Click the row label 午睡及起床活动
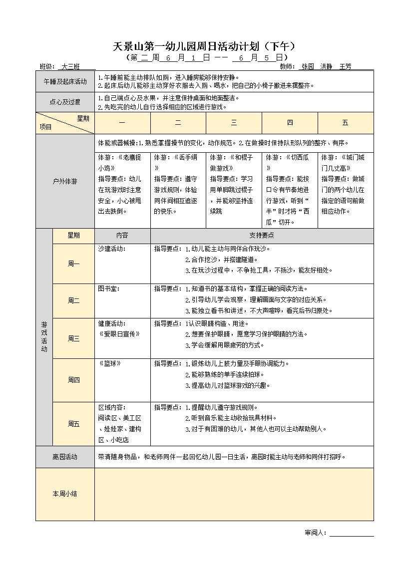click(x=65, y=81)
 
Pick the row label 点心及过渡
click(x=65, y=102)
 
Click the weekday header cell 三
click(x=234, y=123)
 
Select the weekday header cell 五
click(x=345, y=123)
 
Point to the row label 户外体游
click(x=65, y=182)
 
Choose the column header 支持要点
click(x=262, y=236)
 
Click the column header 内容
click(x=122, y=236)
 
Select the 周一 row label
click(x=73, y=264)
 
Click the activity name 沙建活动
click(x=111, y=248)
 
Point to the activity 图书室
click(x=109, y=289)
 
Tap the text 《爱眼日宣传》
click(x=119, y=334)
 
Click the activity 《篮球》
click(x=110, y=363)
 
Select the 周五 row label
click(x=73, y=424)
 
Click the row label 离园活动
click(x=65, y=457)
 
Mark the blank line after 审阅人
click(x=352, y=533)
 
